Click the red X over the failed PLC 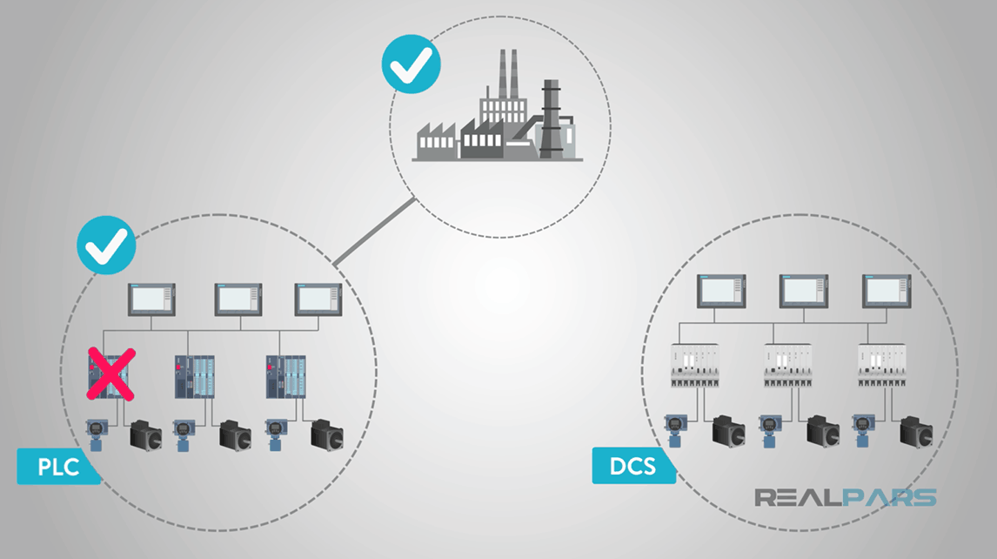(110, 374)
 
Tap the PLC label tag (57, 467)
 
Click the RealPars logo (844, 498)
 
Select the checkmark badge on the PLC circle (106, 245)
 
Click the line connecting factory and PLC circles (374, 232)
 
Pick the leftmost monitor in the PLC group (152, 300)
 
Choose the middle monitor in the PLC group (238, 300)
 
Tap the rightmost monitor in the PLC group (318, 300)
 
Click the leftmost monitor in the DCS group (722, 291)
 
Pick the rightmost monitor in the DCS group (886, 291)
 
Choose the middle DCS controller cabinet (791, 366)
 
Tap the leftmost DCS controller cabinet (697, 366)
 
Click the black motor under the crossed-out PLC (146, 434)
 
